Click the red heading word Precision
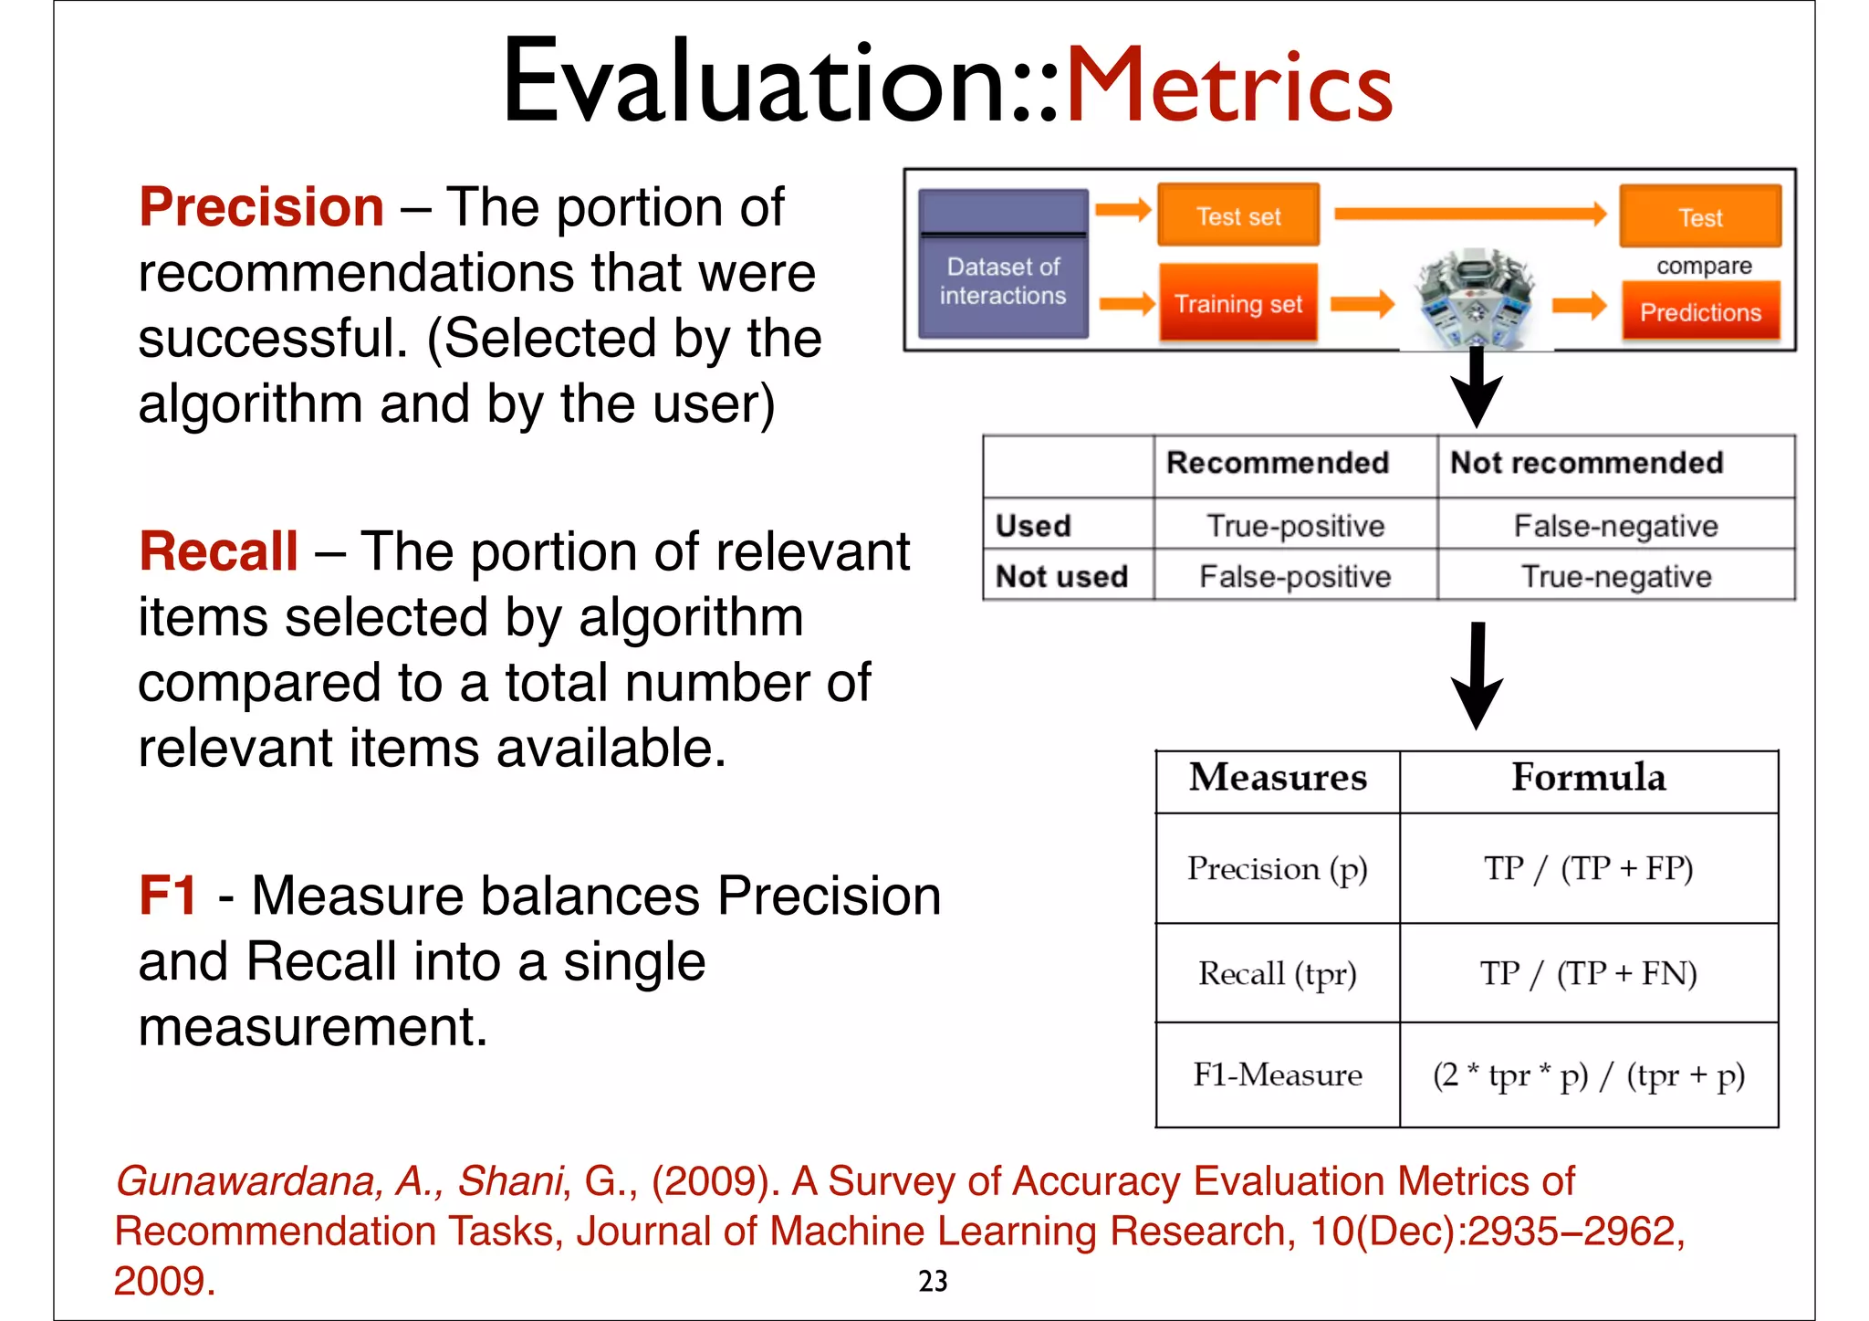point(261,207)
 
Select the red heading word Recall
point(218,551)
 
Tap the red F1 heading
point(168,895)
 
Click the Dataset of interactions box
point(1002,265)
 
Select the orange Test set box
point(1237,216)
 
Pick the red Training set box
point(1237,304)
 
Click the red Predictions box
point(1700,312)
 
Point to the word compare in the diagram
point(1704,266)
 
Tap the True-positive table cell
point(1295,526)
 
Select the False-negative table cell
point(1615,526)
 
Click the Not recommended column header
point(1586,463)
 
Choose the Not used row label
point(1061,577)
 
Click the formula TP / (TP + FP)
point(1588,868)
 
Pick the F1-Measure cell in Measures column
point(1277,1075)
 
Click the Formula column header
point(1588,778)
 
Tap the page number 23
point(933,1281)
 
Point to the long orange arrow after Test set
point(1469,215)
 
